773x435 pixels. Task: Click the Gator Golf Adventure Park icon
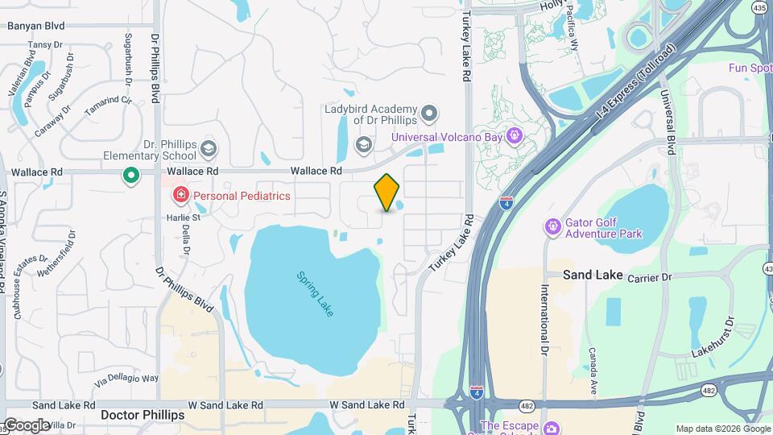tap(552, 227)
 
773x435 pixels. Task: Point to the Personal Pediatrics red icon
tap(180, 195)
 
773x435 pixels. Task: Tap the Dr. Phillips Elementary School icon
tap(209, 147)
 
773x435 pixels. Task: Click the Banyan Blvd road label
tap(35, 26)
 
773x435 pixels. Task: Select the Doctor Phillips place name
tap(143, 415)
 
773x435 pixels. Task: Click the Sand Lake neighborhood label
tap(593, 275)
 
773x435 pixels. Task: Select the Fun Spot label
tap(750, 68)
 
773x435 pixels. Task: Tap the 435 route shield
tap(760, 7)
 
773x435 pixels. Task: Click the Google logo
tap(26, 425)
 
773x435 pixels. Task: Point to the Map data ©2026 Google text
tap(721, 429)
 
